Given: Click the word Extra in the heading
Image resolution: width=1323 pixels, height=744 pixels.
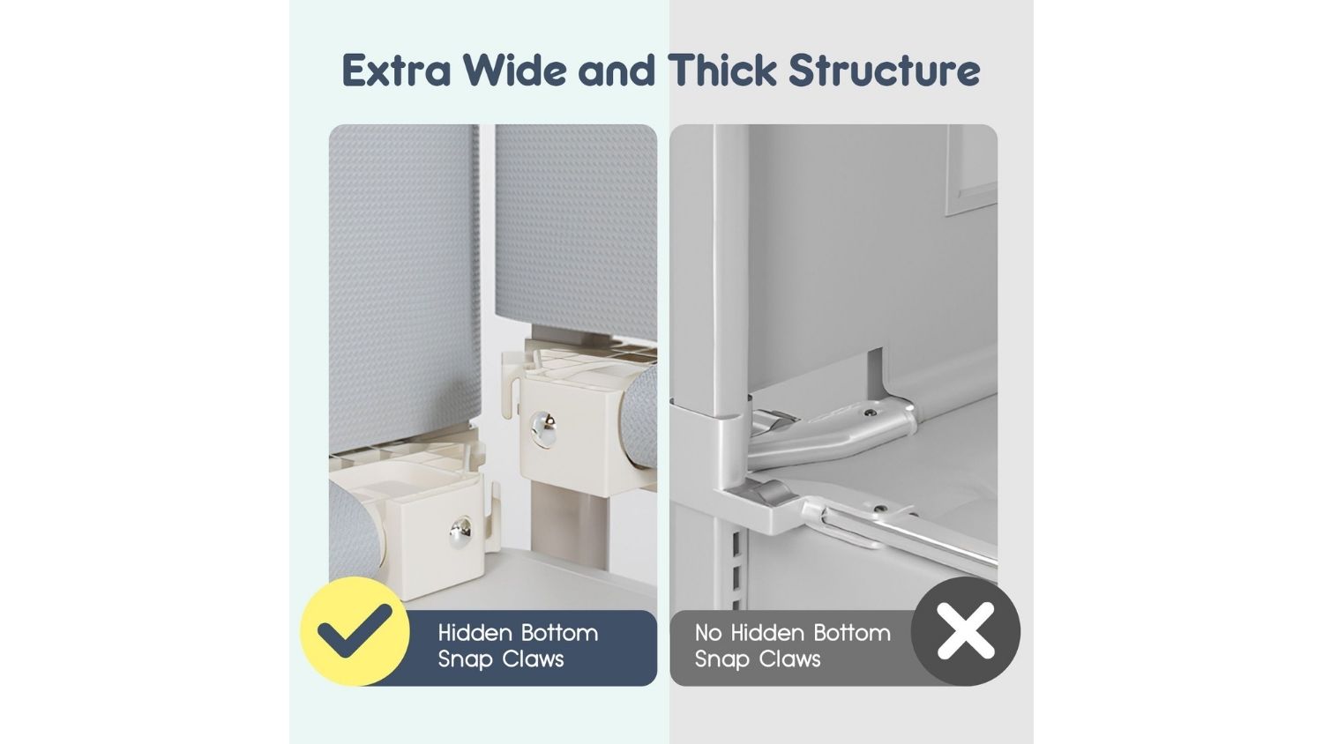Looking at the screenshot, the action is (396, 71).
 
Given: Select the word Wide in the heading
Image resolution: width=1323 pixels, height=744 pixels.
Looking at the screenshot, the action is (514, 71).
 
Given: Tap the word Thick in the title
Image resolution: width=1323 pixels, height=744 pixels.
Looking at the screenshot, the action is (722, 71).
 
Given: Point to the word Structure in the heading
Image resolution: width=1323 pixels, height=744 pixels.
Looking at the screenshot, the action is (884, 71).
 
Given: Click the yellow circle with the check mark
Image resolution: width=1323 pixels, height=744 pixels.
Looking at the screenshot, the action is (355, 631).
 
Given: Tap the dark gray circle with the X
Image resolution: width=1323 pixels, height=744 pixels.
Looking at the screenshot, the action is (966, 631).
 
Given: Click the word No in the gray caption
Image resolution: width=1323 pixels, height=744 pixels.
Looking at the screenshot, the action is (708, 633).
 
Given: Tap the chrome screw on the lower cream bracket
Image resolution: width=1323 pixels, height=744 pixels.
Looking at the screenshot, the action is (460, 532).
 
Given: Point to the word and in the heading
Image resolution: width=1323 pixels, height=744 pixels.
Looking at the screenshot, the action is (617, 71).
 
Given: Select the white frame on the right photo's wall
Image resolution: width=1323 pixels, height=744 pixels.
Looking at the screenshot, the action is (972, 170).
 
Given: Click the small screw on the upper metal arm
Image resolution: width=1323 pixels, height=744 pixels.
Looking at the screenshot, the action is (869, 413).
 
